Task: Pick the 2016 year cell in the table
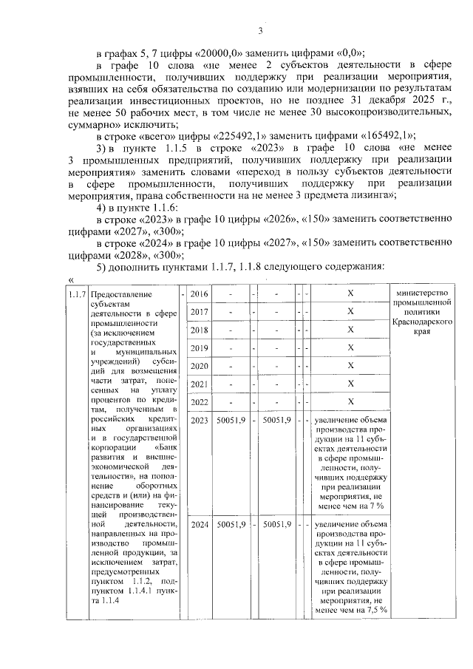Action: pyautogui.click(x=200, y=295)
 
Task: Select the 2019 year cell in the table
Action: pyautogui.click(x=200, y=348)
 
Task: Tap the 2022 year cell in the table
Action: pyautogui.click(x=200, y=402)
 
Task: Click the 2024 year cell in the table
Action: pyautogui.click(x=200, y=524)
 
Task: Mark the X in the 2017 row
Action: pyautogui.click(x=350, y=313)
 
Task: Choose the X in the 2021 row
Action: pyautogui.click(x=350, y=384)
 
